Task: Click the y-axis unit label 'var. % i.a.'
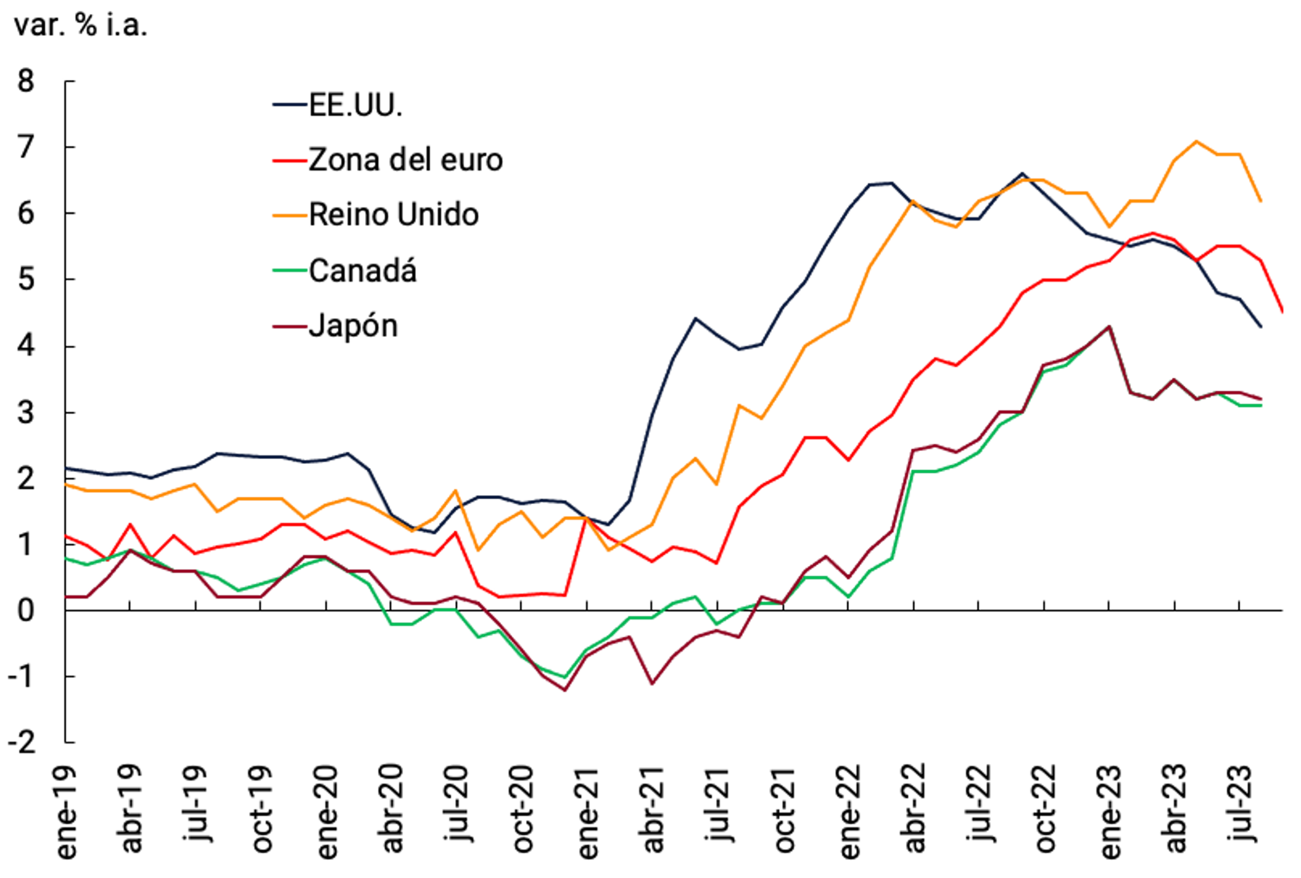tap(80, 26)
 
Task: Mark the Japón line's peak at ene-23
tap(1109, 327)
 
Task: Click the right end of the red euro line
tap(1283, 312)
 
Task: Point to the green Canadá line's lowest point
tap(565, 677)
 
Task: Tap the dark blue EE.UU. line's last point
tap(1261, 327)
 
